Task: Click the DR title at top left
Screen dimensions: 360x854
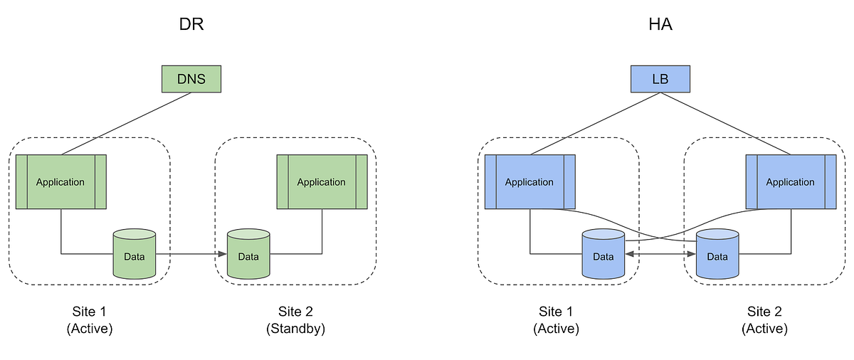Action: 191,26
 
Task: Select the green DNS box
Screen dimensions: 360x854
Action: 191,78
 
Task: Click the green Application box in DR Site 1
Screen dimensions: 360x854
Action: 60,181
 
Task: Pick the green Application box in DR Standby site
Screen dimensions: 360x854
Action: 322,181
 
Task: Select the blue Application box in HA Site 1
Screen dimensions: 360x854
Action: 529,181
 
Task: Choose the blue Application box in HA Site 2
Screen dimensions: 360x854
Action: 790,181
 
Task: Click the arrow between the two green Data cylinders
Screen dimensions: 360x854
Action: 191,254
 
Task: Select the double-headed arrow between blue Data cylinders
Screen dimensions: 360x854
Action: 660,253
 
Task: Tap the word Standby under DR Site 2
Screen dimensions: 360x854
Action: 295,329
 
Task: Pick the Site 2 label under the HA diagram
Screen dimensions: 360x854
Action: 764,312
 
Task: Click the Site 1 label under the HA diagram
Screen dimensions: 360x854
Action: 556,312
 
